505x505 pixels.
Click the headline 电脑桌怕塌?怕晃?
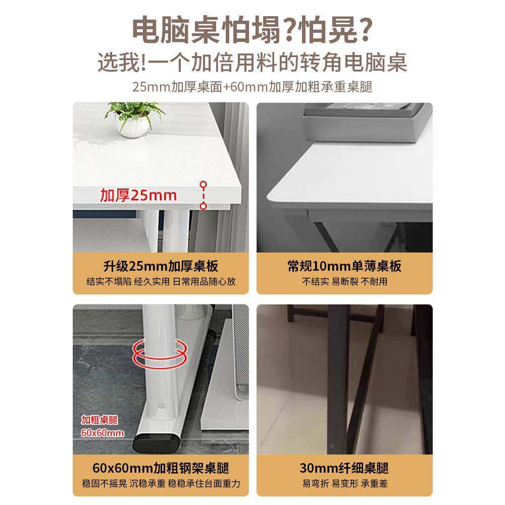(x=252, y=31)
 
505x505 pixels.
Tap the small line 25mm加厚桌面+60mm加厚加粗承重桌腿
(x=252, y=87)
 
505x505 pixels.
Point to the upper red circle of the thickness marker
(x=203, y=185)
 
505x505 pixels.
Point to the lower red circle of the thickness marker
(x=203, y=206)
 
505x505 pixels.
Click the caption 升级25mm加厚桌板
(x=160, y=266)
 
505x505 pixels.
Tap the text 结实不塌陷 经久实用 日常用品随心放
(x=160, y=282)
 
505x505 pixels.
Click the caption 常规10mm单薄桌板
(x=344, y=266)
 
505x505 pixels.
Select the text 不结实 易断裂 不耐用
(x=344, y=282)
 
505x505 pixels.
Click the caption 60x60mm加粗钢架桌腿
(x=160, y=468)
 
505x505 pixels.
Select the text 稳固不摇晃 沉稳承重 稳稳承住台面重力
(x=160, y=483)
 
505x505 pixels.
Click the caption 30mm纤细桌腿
(x=344, y=468)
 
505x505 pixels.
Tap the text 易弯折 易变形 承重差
(x=344, y=483)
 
